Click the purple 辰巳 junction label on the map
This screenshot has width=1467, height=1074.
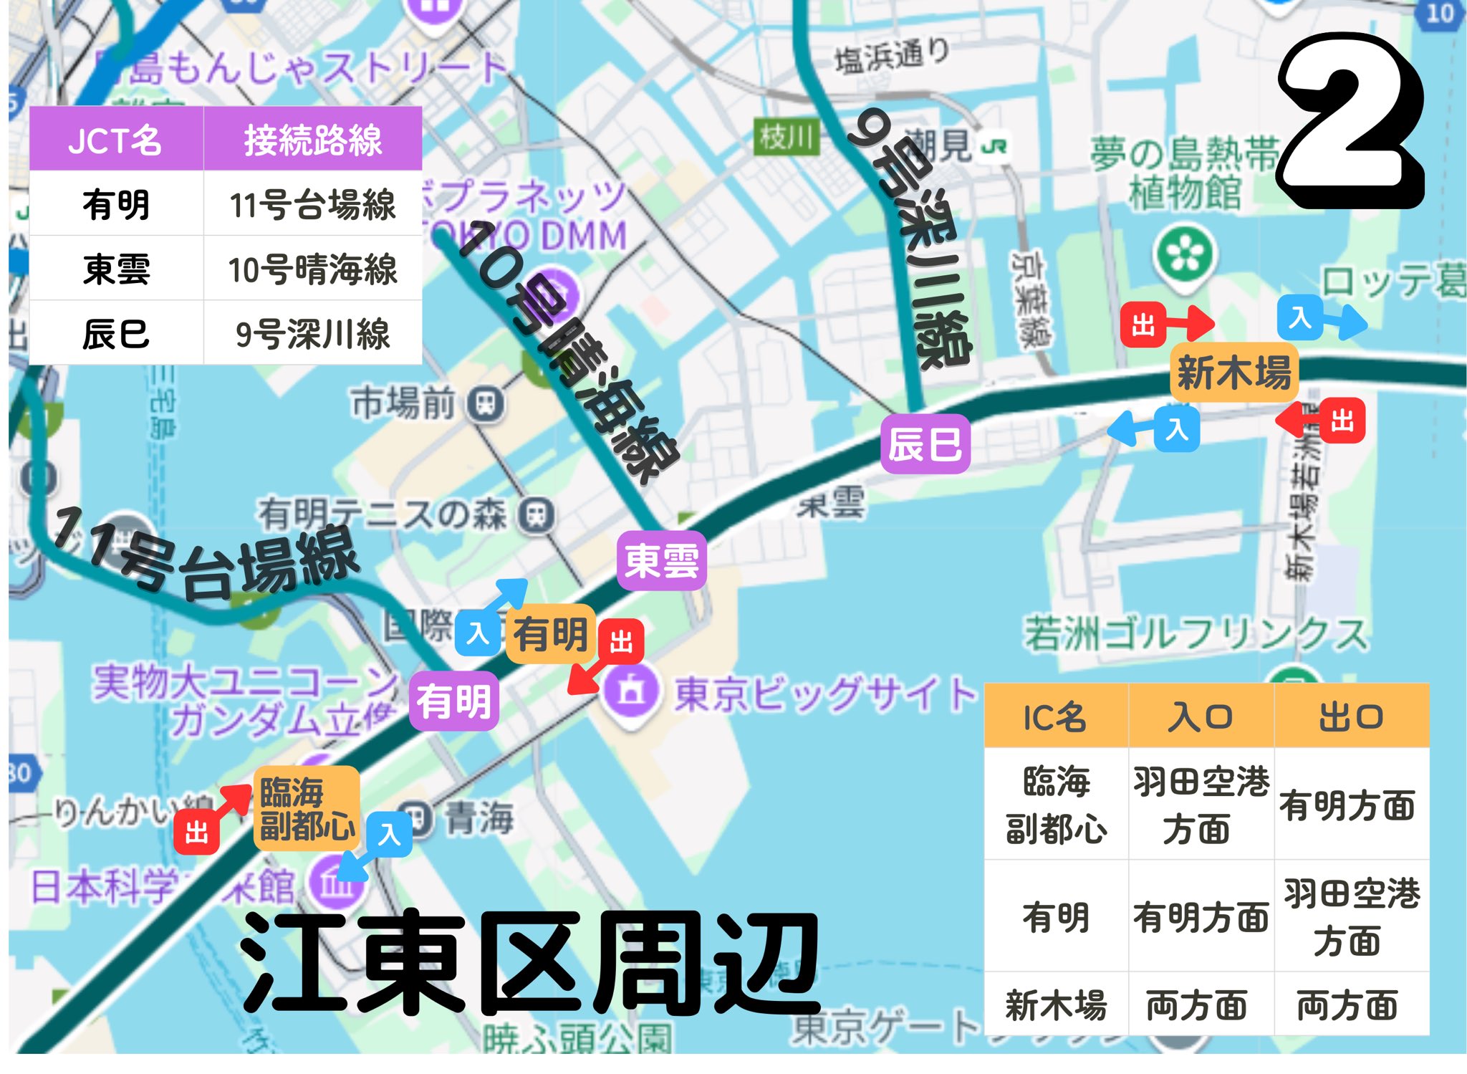tap(925, 443)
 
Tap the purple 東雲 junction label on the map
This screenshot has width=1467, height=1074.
tap(661, 560)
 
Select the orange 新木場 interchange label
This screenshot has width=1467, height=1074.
tap(1233, 372)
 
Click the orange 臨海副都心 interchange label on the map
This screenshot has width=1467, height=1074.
tap(307, 808)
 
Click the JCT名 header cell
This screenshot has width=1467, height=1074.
tap(116, 139)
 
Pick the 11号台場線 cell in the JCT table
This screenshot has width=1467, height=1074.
tap(312, 204)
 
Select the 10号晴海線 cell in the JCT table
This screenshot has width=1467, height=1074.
tap(312, 269)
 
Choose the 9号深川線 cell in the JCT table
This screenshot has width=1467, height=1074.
tap(312, 333)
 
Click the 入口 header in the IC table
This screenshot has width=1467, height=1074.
tap(1201, 716)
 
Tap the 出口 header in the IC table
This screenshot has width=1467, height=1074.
tap(1351, 716)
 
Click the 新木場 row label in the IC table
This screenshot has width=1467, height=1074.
tap(1056, 1005)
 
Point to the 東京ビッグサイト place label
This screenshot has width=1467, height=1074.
tap(824, 694)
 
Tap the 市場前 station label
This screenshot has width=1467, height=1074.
tap(404, 403)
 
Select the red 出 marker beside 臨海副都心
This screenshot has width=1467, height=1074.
tap(196, 832)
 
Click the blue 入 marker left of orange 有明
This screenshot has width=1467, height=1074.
tap(477, 633)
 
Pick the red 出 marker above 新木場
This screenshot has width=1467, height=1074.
tap(1143, 325)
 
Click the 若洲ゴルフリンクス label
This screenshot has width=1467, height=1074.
tap(1195, 633)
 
